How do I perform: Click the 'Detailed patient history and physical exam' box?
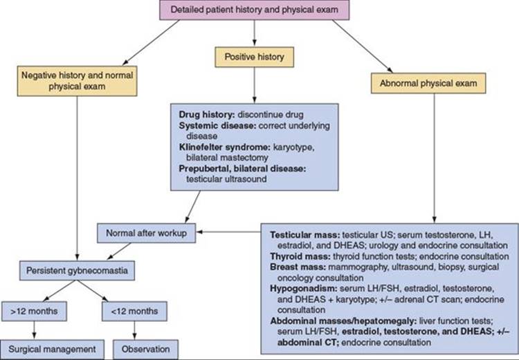point(256,11)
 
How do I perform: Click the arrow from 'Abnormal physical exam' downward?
point(435,156)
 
